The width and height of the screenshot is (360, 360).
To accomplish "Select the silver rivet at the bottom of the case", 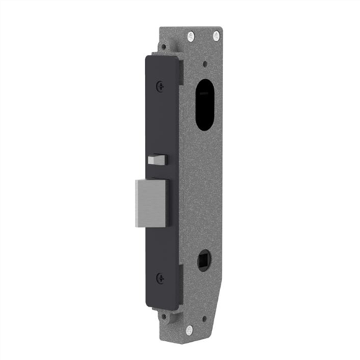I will click(x=190, y=330).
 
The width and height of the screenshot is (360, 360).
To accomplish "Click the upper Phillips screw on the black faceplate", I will click(x=160, y=85).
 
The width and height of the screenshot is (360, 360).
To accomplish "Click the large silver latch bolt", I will click(x=150, y=203).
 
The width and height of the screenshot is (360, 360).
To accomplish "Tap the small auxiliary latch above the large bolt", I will click(x=156, y=159).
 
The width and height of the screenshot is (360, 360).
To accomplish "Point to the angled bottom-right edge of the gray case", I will click(x=216, y=310).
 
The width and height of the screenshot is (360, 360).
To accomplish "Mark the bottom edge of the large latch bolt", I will click(x=150, y=226).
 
